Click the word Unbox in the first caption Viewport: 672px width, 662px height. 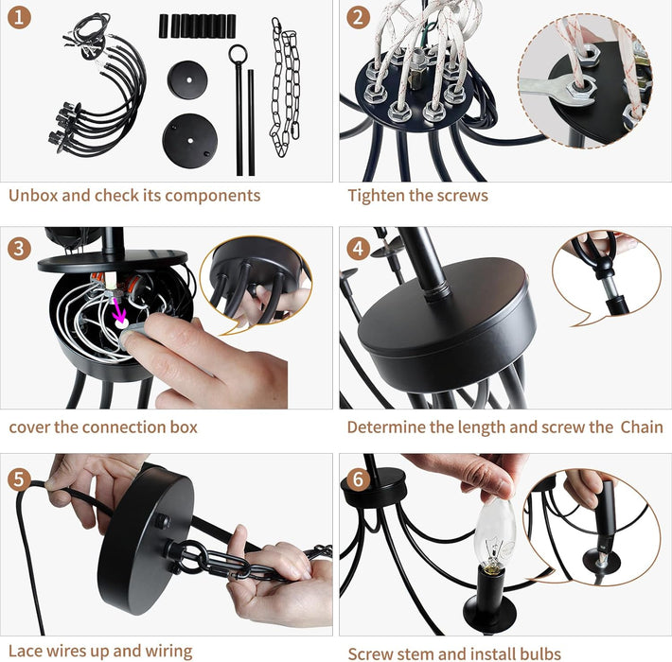(33, 196)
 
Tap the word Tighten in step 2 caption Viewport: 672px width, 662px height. (378, 196)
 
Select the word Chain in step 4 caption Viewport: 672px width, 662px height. (641, 427)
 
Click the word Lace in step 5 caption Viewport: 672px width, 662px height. (27, 651)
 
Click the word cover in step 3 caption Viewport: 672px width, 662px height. (30, 427)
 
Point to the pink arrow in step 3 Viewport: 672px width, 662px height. (119, 310)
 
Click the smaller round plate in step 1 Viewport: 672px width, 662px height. (186, 79)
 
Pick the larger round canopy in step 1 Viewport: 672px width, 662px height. (189, 139)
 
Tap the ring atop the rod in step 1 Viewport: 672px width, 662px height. (238, 54)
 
